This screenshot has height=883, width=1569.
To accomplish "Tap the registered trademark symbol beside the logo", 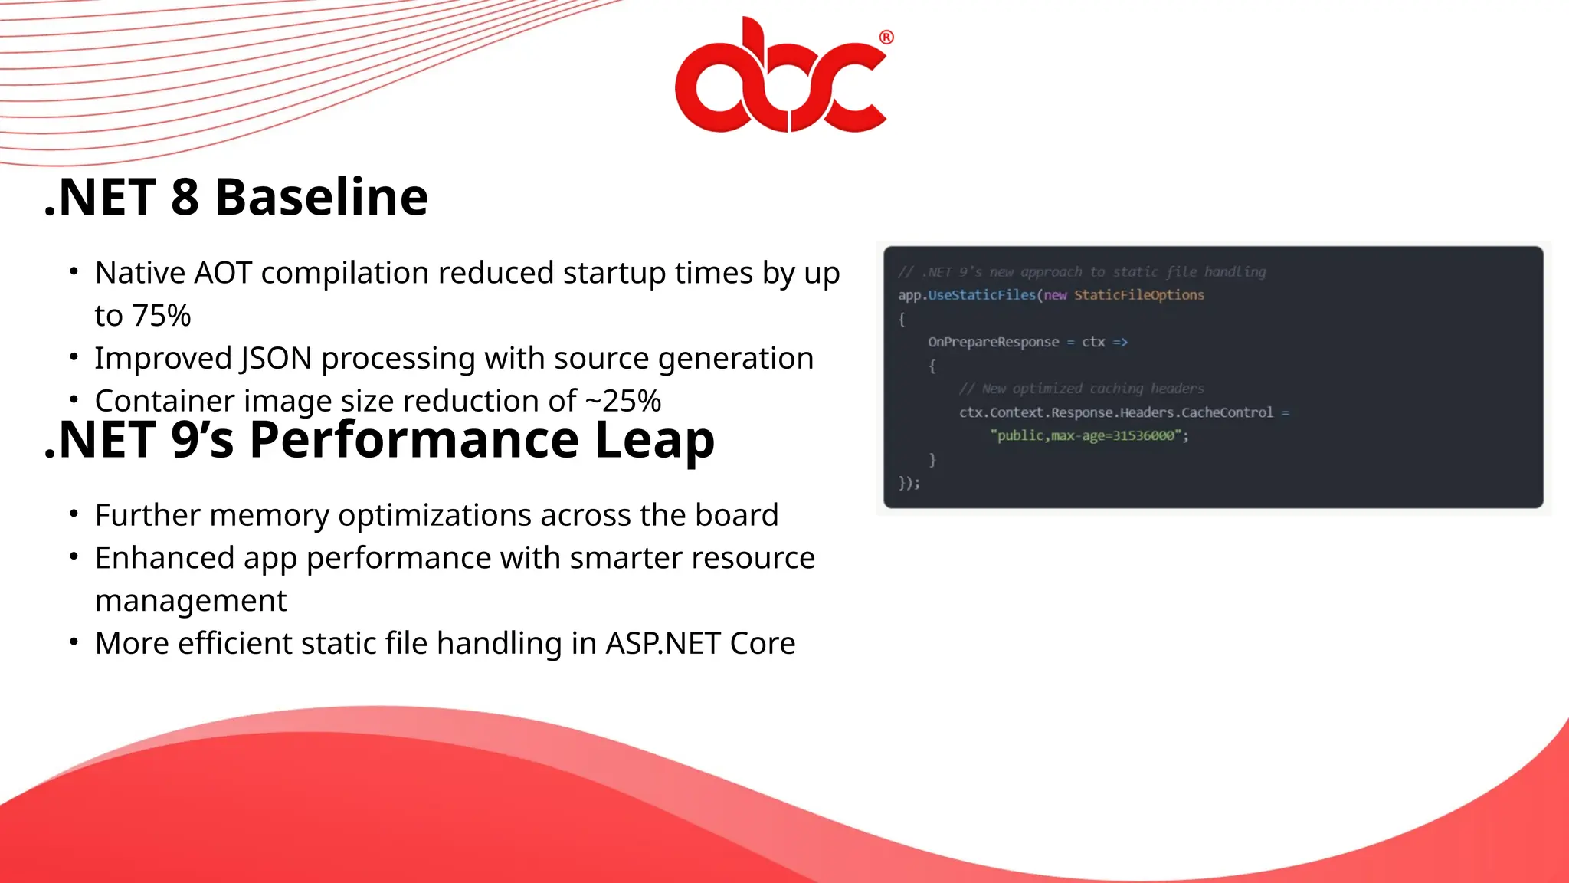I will [x=886, y=37].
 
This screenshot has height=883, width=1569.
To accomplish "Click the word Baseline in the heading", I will [x=321, y=197].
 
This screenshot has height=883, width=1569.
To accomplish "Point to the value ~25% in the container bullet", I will [x=623, y=401].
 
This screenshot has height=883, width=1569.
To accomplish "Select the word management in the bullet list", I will [x=191, y=600].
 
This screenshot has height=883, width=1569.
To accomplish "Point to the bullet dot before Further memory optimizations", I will [x=74, y=514].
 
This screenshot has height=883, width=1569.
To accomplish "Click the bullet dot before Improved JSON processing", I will [x=74, y=357].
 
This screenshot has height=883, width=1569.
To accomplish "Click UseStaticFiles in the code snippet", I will [x=981, y=295].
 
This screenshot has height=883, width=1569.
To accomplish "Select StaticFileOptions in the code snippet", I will [x=1138, y=295].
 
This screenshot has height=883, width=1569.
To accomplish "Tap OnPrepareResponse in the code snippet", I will [x=993, y=342].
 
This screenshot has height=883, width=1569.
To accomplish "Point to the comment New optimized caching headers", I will [x=1092, y=389].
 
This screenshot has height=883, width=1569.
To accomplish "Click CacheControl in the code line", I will [x=1227, y=412].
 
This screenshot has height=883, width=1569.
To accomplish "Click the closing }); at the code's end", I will [x=909, y=483].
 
